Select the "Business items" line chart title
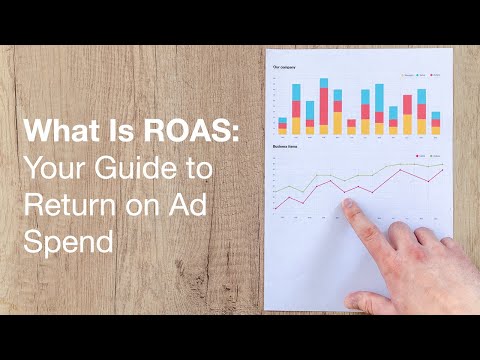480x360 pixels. click(x=285, y=146)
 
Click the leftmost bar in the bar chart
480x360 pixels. click(x=282, y=125)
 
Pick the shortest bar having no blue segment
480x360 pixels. click(x=352, y=127)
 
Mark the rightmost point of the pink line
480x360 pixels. click(x=441, y=170)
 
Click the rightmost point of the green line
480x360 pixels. click(x=441, y=164)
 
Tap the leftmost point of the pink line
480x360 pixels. click(x=275, y=207)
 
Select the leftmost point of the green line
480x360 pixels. click(x=275, y=192)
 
